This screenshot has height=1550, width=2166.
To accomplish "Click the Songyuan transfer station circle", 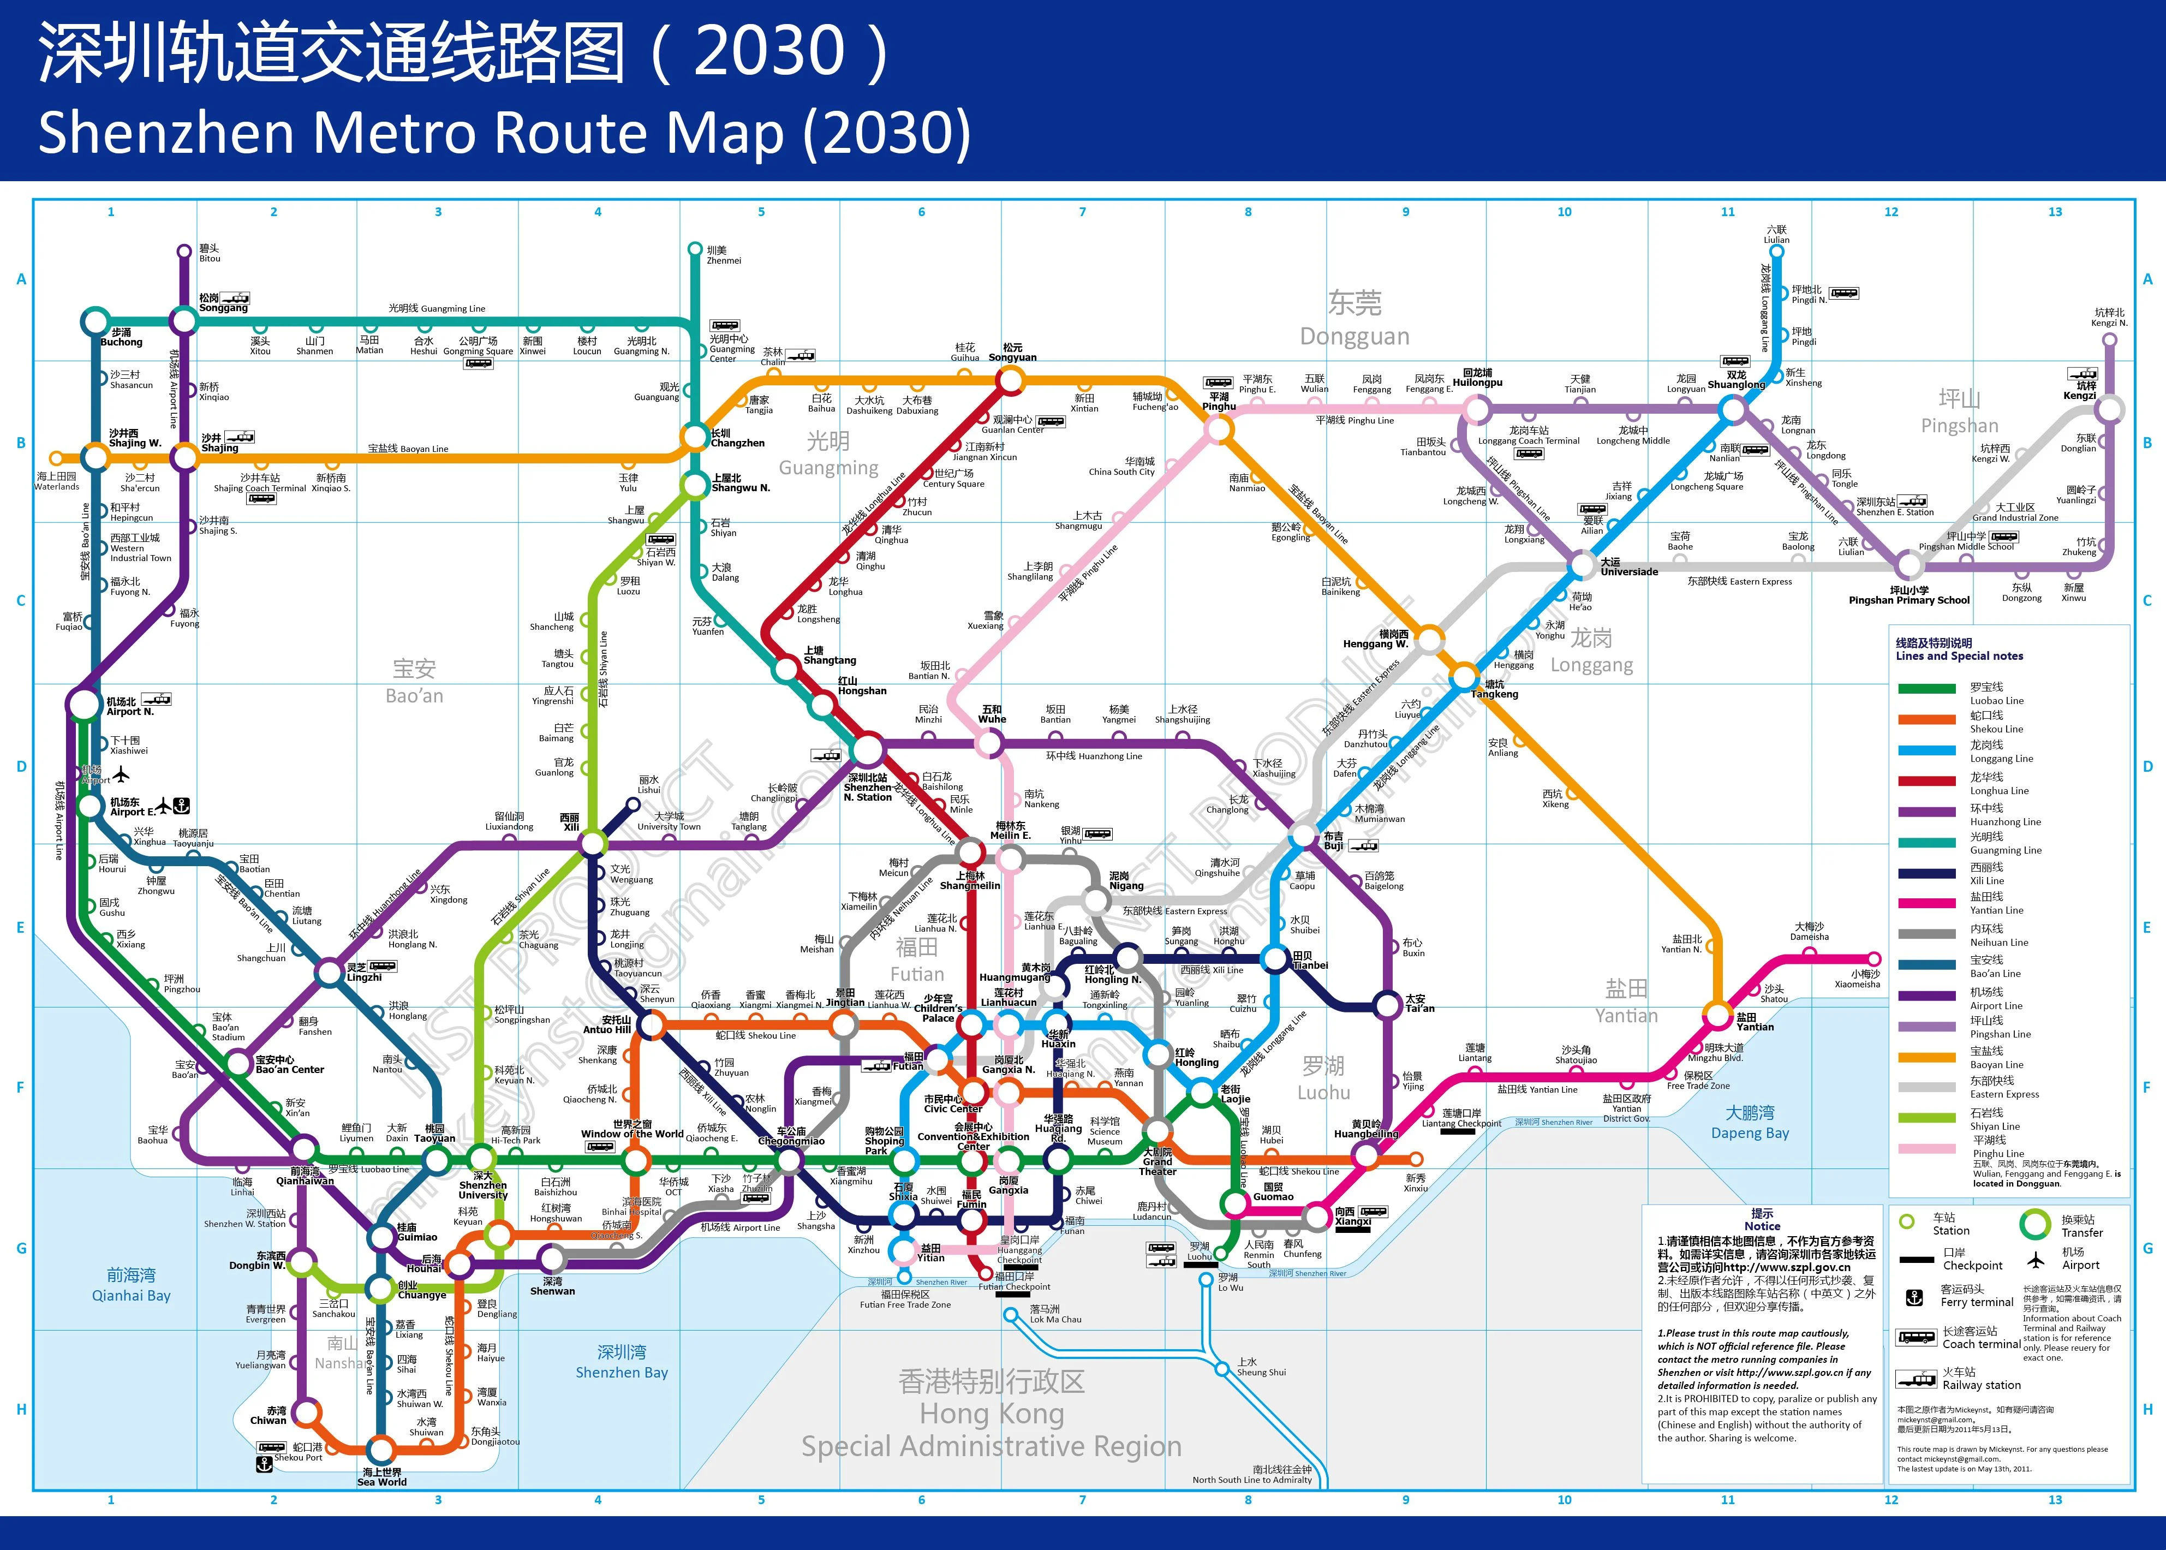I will coord(1011,380).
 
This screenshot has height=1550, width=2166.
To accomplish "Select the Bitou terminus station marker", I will coord(184,252).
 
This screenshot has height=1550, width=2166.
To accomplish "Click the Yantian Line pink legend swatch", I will coord(1926,903).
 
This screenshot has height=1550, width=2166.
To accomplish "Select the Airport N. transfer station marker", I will coord(84,705).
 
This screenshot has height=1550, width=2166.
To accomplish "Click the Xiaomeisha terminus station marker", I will coord(1873,959).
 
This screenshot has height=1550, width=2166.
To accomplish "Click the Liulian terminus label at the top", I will coord(1776,235).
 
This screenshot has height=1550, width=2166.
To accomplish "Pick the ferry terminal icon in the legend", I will coord(1913,1297).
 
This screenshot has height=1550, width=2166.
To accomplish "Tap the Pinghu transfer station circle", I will coord(1219,428).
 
